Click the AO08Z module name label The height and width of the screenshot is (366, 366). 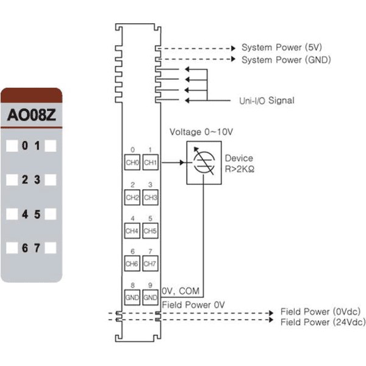(32, 115)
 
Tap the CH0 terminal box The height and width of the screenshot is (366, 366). (132, 162)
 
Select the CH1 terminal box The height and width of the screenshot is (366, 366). (150, 162)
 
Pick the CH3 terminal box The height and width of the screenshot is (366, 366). (150, 197)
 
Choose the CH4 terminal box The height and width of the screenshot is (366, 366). (132, 231)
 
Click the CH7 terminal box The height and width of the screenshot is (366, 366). (150, 264)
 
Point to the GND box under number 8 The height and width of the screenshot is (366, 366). (132, 298)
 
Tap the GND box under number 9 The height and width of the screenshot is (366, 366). (150, 298)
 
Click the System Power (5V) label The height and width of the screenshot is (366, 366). (282, 48)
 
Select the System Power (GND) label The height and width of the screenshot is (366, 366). (286, 60)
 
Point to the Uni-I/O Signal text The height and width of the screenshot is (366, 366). (267, 101)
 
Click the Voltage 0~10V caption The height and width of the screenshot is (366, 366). (201, 132)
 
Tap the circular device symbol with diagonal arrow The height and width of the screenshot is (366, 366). (204, 162)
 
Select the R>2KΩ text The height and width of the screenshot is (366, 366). (240, 169)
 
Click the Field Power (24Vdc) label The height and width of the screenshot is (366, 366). (323, 322)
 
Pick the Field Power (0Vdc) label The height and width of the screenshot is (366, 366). (320, 312)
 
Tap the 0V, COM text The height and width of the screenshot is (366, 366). (181, 291)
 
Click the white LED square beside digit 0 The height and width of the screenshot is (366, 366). (12, 146)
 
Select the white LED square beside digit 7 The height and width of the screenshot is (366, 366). (51, 248)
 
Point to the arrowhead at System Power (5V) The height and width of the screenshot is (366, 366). (233, 48)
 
